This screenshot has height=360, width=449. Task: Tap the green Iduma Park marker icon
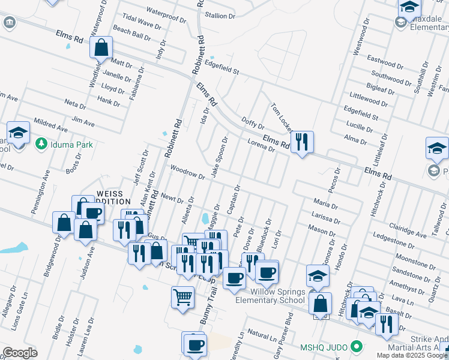pos(41,144)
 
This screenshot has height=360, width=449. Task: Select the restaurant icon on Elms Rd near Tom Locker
pos(302,142)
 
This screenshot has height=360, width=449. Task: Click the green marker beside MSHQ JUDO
pos(357,347)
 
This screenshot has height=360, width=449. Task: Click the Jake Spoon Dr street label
pos(219,157)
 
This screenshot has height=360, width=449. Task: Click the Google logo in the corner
pos(20,353)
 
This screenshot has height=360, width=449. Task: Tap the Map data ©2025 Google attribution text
pos(412,355)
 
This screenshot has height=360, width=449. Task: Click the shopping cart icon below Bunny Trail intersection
pos(182,296)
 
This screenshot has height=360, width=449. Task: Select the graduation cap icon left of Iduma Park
pos(18,132)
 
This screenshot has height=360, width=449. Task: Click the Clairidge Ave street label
pos(408,230)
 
